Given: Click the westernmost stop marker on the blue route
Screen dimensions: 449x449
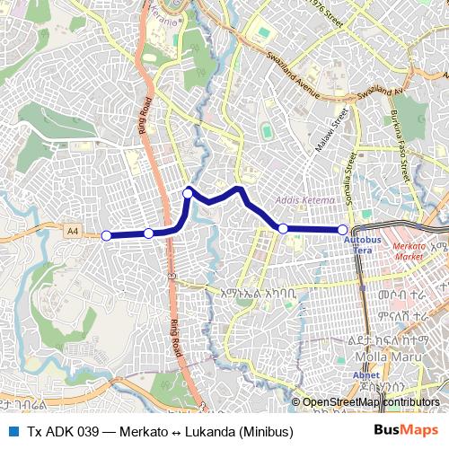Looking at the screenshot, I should tap(106, 235).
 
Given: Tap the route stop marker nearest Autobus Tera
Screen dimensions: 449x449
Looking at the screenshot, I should tap(342, 230).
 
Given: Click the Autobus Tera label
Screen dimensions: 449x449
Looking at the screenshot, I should tap(363, 245).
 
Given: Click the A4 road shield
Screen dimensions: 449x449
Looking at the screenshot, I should tap(72, 231).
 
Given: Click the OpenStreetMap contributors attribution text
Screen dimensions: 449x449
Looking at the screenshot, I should tap(370, 401).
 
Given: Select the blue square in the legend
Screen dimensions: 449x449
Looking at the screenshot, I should tap(11, 432).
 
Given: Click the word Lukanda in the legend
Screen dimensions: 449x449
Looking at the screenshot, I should tap(209, 432).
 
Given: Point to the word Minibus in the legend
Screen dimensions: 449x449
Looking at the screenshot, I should tap(266, 432).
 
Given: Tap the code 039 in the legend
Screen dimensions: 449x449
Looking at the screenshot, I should tap(86, 432).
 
